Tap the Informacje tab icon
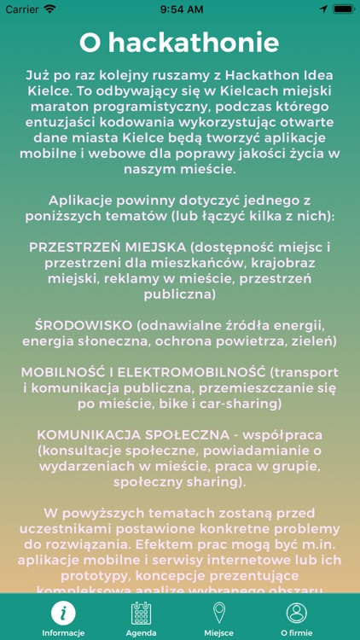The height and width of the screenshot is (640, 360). click(x=63, y=612)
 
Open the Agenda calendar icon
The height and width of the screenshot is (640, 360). click(x=141, y=612)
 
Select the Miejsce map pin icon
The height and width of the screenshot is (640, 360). click(x=218, y=612)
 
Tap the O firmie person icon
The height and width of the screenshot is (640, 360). click(x=296, y=612)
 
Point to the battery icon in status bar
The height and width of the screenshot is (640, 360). click(x=343, y=9)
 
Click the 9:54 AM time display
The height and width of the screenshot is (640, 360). click(x=180, y=9)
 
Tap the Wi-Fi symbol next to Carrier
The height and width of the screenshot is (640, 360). click(x=50, y=9)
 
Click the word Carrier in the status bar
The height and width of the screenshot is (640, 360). click(x=22, y=9)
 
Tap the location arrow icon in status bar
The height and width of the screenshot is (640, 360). click(x=323, y=9)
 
